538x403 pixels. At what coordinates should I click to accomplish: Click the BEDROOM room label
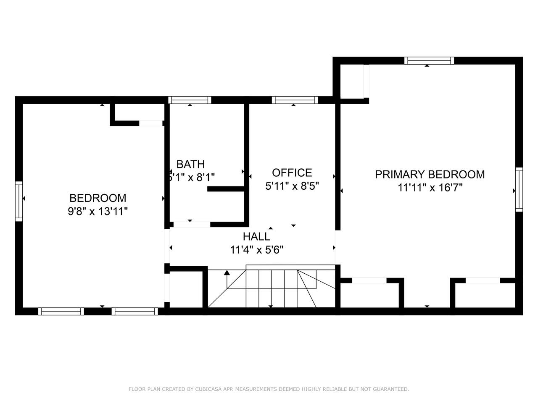pos(98,198)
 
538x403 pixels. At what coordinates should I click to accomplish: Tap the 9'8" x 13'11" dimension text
pos(98,211)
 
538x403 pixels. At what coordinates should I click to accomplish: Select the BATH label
pos(190,164)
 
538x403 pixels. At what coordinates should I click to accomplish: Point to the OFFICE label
pos(292,173)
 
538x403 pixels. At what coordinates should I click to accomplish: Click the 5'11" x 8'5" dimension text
pos(292,186)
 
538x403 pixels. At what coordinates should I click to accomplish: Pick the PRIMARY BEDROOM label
pos(430,175)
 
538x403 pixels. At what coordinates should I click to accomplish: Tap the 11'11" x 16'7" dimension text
pos(430,188)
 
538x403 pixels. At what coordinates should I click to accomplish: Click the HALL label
pos(256,237)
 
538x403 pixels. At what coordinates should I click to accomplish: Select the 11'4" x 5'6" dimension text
pos(256,250)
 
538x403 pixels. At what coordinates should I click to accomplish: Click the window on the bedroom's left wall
pos(19,201)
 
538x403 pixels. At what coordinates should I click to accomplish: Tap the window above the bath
pos(190,100)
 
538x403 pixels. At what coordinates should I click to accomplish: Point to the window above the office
pos(295,100)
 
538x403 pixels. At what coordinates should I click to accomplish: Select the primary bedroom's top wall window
pos(429,60)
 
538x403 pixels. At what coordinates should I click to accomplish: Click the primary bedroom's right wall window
pos(519,190)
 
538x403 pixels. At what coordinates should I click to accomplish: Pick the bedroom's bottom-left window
pos(61,311)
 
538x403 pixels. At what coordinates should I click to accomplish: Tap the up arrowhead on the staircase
pos(227,272)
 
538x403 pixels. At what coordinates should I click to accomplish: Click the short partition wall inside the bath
pos(225,189)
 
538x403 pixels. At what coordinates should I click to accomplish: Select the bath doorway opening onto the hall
pos(192,224)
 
